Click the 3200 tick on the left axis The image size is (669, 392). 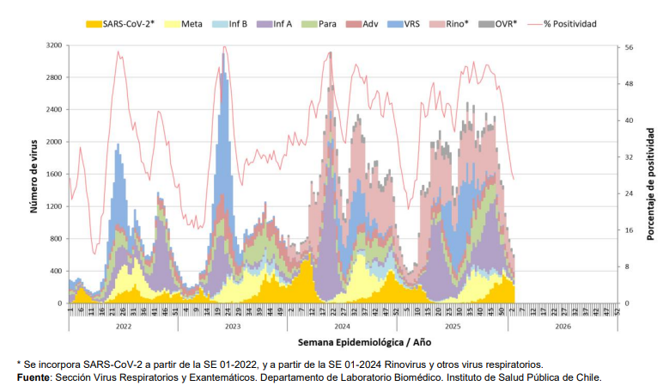[52, 45]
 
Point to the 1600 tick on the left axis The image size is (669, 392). [52, 175]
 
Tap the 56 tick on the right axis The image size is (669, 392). [628, 48]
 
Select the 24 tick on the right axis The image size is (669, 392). [628, 193]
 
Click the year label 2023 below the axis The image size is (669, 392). [232, 327]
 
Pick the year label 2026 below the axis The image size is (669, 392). [563, 327]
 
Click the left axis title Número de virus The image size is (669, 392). [33, 174]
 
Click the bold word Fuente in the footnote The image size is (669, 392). [33, 377]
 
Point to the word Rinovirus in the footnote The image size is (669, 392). [386, 364]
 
